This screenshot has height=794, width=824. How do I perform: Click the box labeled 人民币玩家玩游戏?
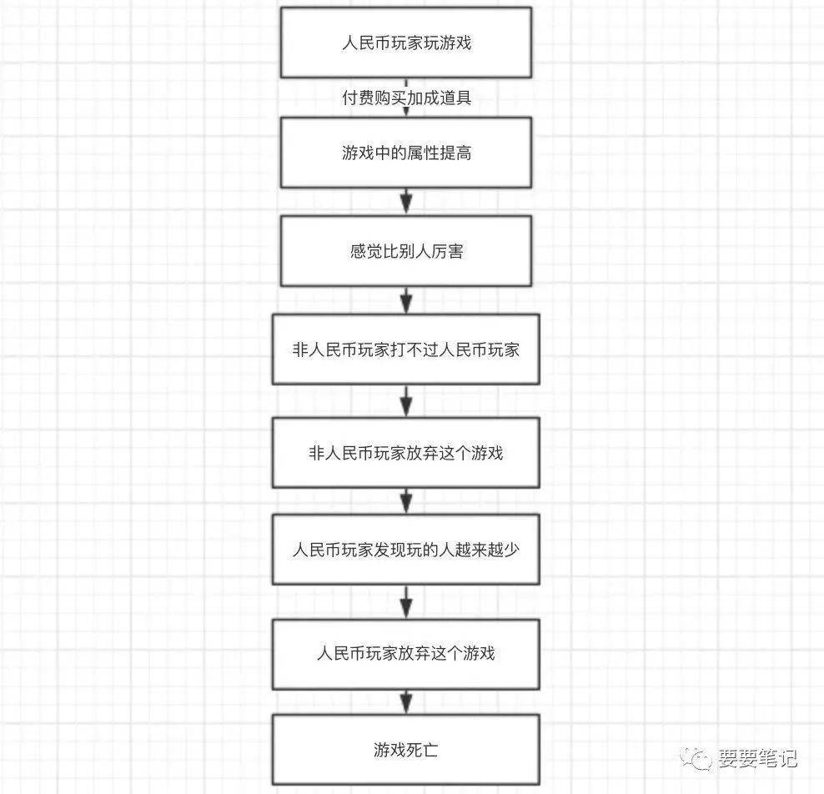[x=405, y=43]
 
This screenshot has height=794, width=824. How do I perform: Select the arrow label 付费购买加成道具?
[x=406, y=98]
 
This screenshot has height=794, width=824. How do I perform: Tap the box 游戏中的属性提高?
[x=405, y=153]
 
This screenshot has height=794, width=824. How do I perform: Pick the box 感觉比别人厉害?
[x=405, y=251]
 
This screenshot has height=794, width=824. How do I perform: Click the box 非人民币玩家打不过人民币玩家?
[x=405, y=349]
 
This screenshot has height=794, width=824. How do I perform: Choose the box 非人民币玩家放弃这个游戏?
[x=405, y=452]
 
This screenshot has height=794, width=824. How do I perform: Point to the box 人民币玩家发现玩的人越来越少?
[x=405, y=550]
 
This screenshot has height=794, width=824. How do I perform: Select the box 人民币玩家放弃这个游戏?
[x=405, y=654]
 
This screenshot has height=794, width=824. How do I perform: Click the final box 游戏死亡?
[x=405, y=750]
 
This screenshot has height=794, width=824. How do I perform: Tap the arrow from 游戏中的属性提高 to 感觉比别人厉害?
[x=405, y=201]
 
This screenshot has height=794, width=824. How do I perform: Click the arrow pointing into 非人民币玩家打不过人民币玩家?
[x=405, y=300]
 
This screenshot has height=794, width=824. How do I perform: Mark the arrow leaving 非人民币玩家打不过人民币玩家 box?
[x=405, y=401]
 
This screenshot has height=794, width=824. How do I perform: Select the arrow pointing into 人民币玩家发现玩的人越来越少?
[x=405, y=500]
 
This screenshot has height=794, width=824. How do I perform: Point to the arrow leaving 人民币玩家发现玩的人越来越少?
[x=405, y=601]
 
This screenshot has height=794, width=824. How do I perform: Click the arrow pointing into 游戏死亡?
[x=405, y=701]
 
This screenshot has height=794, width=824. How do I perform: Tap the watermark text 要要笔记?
[x=757, y=759]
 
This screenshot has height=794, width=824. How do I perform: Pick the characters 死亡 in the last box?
[x=422, y=750]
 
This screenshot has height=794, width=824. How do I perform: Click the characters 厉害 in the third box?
[x=447, y=251]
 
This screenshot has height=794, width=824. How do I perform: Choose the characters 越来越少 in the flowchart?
[x=487, y=550]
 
